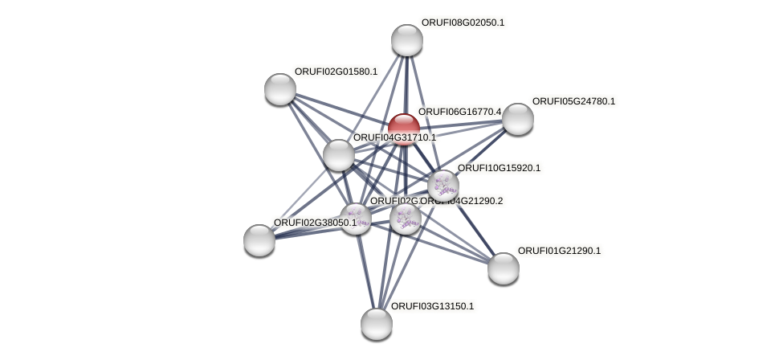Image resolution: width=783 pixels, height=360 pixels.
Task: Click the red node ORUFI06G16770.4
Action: pyautogui.click(x=404, y=129)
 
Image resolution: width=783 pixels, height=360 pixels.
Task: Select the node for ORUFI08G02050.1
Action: pyautogui.click(x=407, y=40)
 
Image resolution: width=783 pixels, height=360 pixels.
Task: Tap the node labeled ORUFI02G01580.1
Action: pyautogui.click(x=280, y=89)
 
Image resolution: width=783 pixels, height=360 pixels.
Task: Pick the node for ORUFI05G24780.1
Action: pyautogui.click(x=518, y=119)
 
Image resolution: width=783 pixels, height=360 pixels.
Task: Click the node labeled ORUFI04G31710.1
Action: pyautogui.click(x=339, y=155)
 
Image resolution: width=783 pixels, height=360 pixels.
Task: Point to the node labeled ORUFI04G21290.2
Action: pyautogui.click(x=406, y=218)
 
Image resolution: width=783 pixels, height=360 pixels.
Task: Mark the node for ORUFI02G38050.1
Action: pyautogui.click(x=259, y=239)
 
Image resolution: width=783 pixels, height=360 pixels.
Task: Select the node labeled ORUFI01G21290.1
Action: pyautogui.click(x=504, y=268)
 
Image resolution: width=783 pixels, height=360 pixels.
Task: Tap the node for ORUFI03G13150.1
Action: pyautogui.click(x=377, y=324)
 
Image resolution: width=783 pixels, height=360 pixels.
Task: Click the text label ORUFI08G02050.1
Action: pyautogui.click(x=463, y=22)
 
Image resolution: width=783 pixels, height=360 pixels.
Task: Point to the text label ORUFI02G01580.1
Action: pyautogui.click(x=336, y=72)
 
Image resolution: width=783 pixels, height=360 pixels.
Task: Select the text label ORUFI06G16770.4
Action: pyautogui.click(x=459, y=112)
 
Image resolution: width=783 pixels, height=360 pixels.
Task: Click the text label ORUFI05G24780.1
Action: pyautogui.click(x=573, y=101)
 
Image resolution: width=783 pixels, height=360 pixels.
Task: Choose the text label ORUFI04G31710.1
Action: pyautogui.click(x=394, y=137)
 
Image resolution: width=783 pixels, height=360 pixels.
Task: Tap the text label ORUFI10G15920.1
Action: pyautogui.click(x=499, y=168)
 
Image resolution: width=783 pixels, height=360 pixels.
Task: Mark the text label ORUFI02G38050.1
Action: pyautogui.click(x=315, y=223)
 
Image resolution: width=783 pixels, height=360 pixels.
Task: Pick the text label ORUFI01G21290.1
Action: pyautogui.click(x=559, y=251)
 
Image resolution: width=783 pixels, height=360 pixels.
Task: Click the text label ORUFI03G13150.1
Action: pyautogui.click(x=432, y=306)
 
